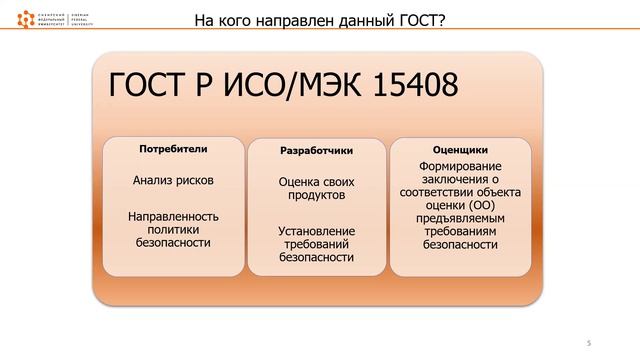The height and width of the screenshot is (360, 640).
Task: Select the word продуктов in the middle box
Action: [x=316, y=196]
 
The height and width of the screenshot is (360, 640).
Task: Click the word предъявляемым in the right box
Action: [x=460, y=217]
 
